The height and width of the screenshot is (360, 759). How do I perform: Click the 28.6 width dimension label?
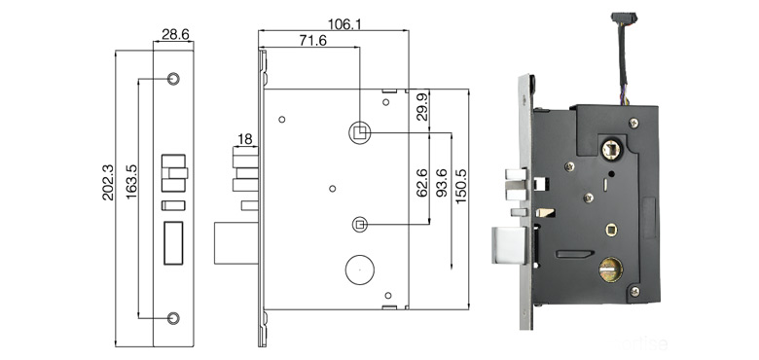pos(175,34)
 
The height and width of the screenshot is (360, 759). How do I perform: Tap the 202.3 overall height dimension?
pos(108,182)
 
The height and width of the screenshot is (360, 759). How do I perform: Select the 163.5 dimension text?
pos(131,182)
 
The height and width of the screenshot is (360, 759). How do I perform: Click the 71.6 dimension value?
pos(312,41)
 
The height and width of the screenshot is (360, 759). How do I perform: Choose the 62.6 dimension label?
pos(422,183)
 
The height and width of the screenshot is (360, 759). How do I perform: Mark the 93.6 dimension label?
pos(442,183)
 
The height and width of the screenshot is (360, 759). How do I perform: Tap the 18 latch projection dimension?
pos(245,140)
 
